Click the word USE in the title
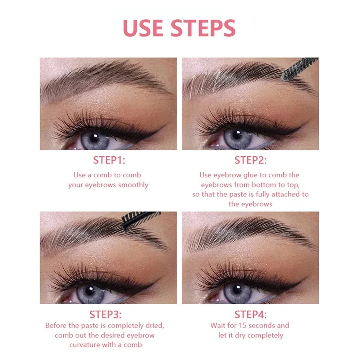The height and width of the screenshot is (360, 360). pyautogui.click(x=144, y=28)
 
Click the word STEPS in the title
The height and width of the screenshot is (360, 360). pyautogui.click(x=203, y=28)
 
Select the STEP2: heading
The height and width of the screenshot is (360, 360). pyautogui.click(x=250, y=160)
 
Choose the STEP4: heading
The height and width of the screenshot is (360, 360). pyautogui.click(x=250, y=315)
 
